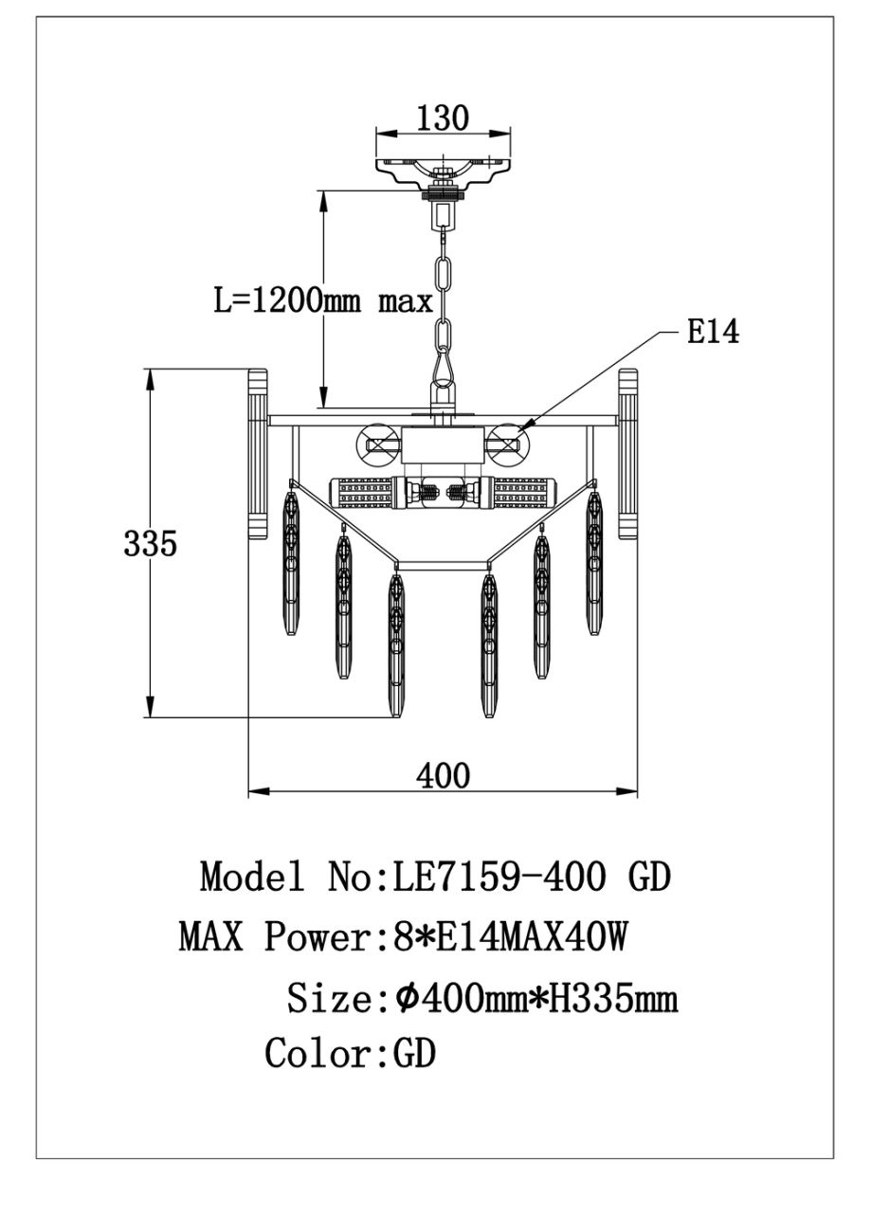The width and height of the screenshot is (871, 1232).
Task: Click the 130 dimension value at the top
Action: coord(443,118)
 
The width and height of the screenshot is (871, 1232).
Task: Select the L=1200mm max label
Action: coord(323,300)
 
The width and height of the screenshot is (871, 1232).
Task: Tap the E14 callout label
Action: coord(712,332)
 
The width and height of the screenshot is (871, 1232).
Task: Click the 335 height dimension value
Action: coord(150,544)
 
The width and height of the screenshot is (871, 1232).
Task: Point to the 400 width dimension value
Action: coord(443,775)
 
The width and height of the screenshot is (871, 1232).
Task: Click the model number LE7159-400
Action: coord(499,878)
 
